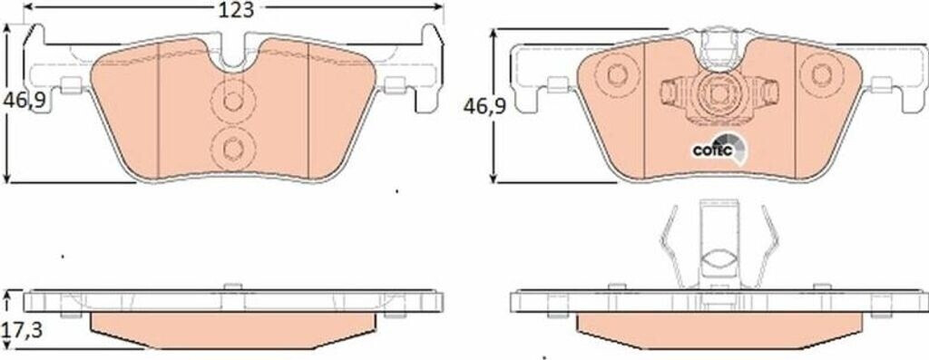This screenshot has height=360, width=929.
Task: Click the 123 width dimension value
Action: point(236,9)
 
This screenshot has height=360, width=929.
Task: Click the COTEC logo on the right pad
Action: point(719,148)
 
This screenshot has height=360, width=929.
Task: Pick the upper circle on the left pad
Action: point(233,102)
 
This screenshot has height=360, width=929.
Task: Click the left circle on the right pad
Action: point(617,75)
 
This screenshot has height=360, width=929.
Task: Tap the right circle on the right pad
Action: point(822,74)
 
